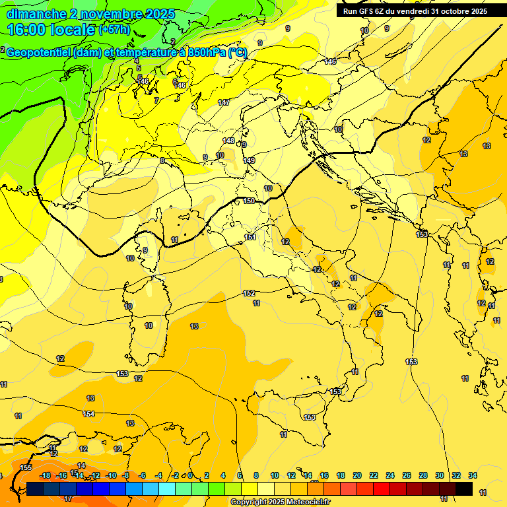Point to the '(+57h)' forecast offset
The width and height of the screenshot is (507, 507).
click(115, 30)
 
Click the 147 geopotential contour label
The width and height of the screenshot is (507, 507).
click(224, 102)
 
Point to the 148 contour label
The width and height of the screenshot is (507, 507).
click(228, 141)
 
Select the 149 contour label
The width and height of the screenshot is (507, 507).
click(249, 160)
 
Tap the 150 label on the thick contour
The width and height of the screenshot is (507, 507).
click(249, 201)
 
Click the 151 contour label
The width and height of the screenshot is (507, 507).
click(250, 237)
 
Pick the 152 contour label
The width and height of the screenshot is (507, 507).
click(249, 293)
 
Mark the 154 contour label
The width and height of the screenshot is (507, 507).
click(88, 414)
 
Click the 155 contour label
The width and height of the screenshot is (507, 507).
click(26, 467)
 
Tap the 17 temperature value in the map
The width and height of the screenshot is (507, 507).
click(68, 498)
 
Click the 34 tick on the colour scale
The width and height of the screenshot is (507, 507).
click(472, 475)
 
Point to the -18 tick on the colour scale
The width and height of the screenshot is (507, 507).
click(46, 475)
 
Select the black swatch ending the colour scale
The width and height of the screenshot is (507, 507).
click(463, 489)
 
